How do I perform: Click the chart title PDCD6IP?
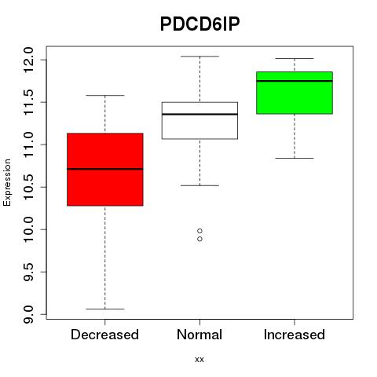(199, 24)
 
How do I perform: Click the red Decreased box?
(105, 170)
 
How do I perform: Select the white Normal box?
(199, 120)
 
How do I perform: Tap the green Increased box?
(295, 93)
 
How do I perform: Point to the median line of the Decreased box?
(105, 169)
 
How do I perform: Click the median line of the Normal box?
(199, 114)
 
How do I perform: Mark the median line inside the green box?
(295, 81)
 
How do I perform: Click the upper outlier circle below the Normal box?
(199, 231)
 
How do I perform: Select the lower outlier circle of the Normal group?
(199, 239)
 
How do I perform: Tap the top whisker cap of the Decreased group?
(105, 96)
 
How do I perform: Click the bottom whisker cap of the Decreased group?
(105, 309)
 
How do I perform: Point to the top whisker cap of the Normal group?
(199, 57)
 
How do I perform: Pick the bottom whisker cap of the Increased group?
(295, 158)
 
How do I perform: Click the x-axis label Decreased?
(104, 335)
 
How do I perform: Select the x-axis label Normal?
(199, 335)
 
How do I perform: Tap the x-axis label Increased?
(295, 335)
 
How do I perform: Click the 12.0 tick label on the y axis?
(28, 60)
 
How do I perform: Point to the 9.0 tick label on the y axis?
(28, 314)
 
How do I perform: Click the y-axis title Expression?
(7, 182)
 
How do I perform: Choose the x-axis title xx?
(199, 360)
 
